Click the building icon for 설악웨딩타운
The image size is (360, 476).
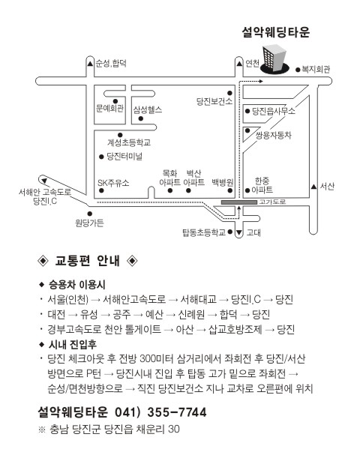click(274, 59)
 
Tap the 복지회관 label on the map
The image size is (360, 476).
click(315, 70)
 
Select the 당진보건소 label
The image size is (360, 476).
click(214, 101)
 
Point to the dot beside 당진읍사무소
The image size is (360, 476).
click(247, 111)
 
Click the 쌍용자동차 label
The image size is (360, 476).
click(274, 135)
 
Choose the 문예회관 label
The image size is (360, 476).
click(109, 109)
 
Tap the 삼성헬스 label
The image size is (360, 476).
click(148, 109)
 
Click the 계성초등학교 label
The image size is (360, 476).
click(129, 142)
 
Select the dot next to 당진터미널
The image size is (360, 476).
click(101, 157)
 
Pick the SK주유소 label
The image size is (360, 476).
click(113, 183)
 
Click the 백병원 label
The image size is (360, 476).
click(223, 182)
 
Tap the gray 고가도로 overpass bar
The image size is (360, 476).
click(239, 202)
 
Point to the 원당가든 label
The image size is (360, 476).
click(89, 223)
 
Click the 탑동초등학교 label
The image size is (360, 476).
click(204, 232)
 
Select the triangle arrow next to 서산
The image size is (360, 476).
click(313, 187)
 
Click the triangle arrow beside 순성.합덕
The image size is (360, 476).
click(90, 64)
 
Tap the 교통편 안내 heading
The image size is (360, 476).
click(87, 261)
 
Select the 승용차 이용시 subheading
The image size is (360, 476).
click(76, 285)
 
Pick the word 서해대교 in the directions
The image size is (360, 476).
click(199, 300)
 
